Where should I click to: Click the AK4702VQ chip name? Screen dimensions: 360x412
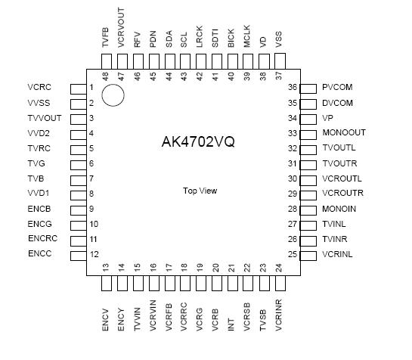tap(198, 142)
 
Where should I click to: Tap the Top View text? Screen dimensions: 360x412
tap(200, 191)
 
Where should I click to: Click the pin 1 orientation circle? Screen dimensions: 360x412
tap(113, 95)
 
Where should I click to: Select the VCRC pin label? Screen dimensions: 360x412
tap(39, 88)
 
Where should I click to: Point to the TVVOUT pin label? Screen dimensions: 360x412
tap(45, 118)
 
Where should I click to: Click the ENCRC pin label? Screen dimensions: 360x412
tap(42, 239)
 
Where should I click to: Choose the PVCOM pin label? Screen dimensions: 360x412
tap(337, 88)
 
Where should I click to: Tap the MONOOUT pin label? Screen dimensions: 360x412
tap(343, 133)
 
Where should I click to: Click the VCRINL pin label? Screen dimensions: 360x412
tap(337, 254)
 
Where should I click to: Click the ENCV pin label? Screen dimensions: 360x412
tap(106, 319)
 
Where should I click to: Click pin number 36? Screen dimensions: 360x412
tap(292, 88)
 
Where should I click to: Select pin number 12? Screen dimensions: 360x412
tap(94, 254)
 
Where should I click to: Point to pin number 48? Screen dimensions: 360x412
tap(106, 76)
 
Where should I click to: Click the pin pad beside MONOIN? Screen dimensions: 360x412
tap(308, 209)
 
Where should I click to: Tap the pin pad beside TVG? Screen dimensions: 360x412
tap(78, 163)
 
